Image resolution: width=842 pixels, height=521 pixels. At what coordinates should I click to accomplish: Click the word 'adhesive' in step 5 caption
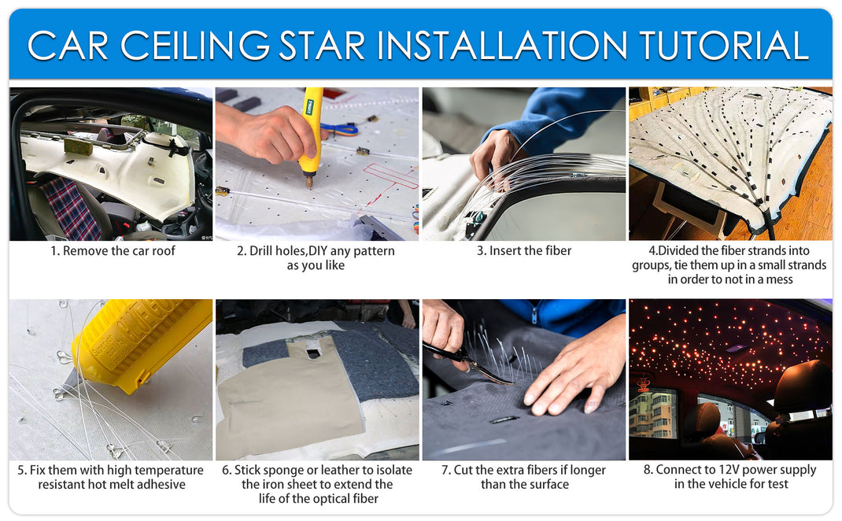[x=160, y=484]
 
